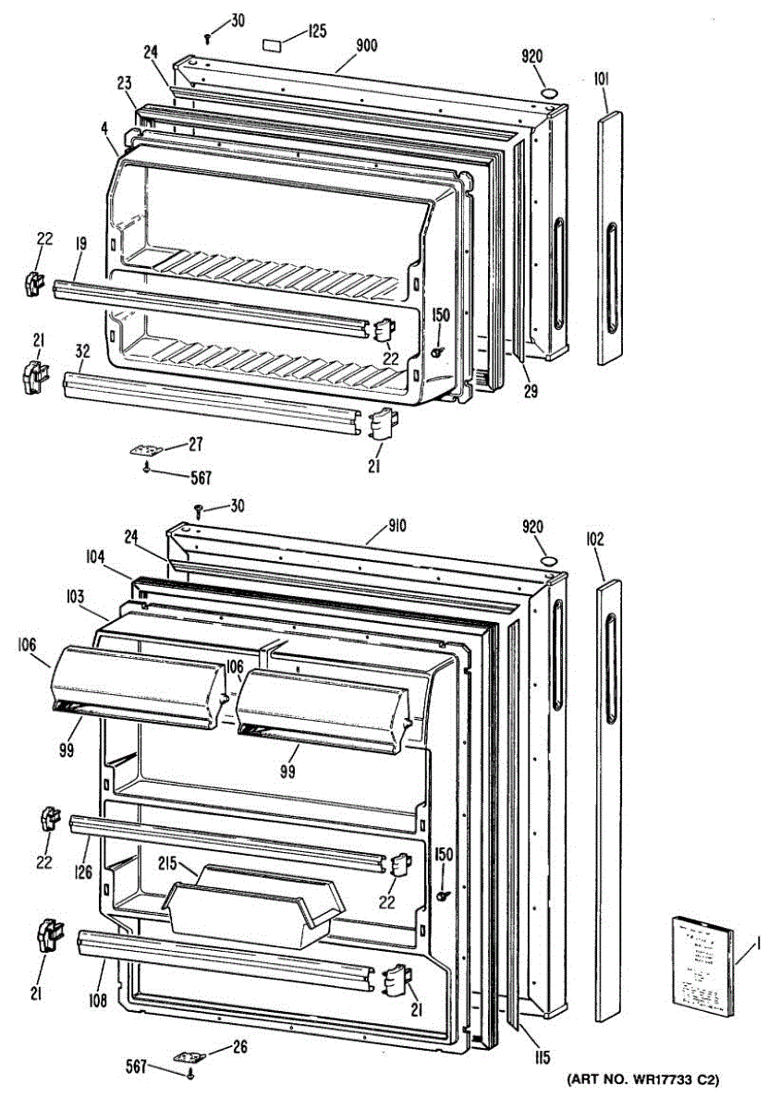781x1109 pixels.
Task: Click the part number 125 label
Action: point(317,32)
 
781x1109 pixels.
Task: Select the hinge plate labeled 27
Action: point(146,449)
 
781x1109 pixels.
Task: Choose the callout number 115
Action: point(542,1058)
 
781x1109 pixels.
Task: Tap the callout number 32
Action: point(82,351)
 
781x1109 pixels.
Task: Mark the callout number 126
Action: point(84,870)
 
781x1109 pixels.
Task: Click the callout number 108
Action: point(99,1000)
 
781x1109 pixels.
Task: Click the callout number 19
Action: point(80,244)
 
